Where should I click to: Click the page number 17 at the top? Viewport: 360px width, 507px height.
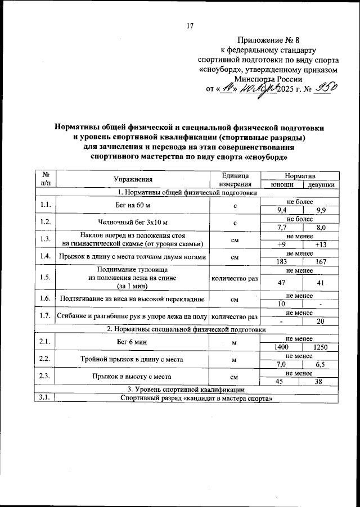190,26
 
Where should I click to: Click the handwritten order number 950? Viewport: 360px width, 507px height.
326,87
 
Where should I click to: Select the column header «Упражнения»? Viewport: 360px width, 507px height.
133,180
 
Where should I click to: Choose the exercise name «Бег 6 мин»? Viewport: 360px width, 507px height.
133,342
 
